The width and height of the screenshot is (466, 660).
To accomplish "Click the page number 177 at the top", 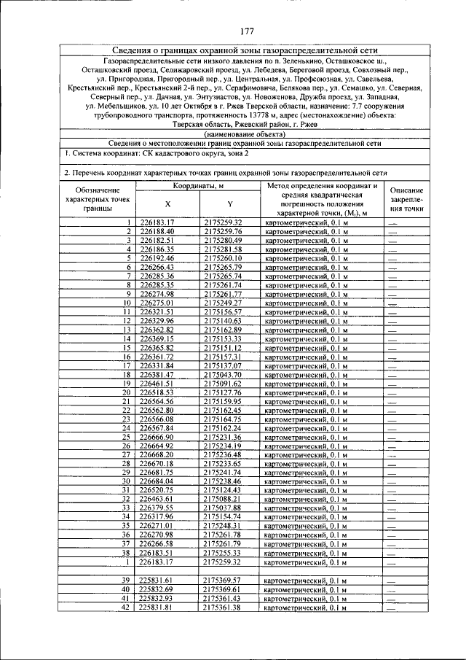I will pos(245,31).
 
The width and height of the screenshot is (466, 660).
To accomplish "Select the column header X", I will pos(167,204).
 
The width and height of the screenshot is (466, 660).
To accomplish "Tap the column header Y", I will pos(230,204).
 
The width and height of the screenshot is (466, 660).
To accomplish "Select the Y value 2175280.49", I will pos(223,240).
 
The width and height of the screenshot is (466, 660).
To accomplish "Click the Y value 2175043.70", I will pos(223,373).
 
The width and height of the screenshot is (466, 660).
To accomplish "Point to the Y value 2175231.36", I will pos(223,436).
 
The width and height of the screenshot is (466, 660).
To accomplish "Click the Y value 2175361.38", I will pos(223,607).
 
